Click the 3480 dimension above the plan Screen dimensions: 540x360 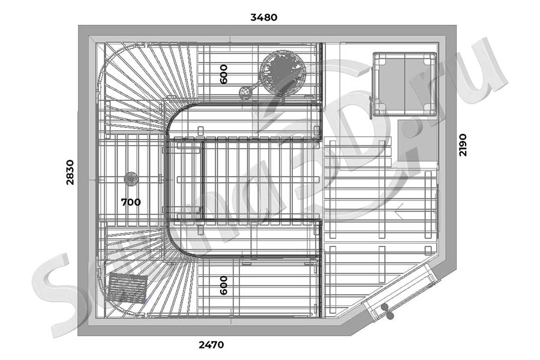[x=264, y=17]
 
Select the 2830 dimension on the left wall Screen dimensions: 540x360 [x=70, y=172]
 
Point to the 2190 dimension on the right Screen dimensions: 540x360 [x=463, y=145]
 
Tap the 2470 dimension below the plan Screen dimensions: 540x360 [x=211, y=345]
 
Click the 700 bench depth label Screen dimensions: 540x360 [x=131, y=202]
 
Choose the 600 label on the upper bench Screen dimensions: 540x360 [x=224, y=74]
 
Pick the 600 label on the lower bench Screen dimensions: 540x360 [x=224, y=285]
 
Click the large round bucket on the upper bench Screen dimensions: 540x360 [x=283, y=72]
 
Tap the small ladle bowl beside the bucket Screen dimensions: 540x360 [x=245, y=92]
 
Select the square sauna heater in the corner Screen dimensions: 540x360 [x=404, y=84]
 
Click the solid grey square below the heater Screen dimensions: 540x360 [x=418, y=140]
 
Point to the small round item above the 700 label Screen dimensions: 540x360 [x=131, y=179]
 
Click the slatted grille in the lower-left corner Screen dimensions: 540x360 [x=128, y=288]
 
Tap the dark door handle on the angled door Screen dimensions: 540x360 [x=388, y=311]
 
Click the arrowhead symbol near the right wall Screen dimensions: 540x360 [x=399, y=211]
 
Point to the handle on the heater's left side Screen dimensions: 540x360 [x=371, y=108]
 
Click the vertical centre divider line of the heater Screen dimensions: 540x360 [x=404, y=84]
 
